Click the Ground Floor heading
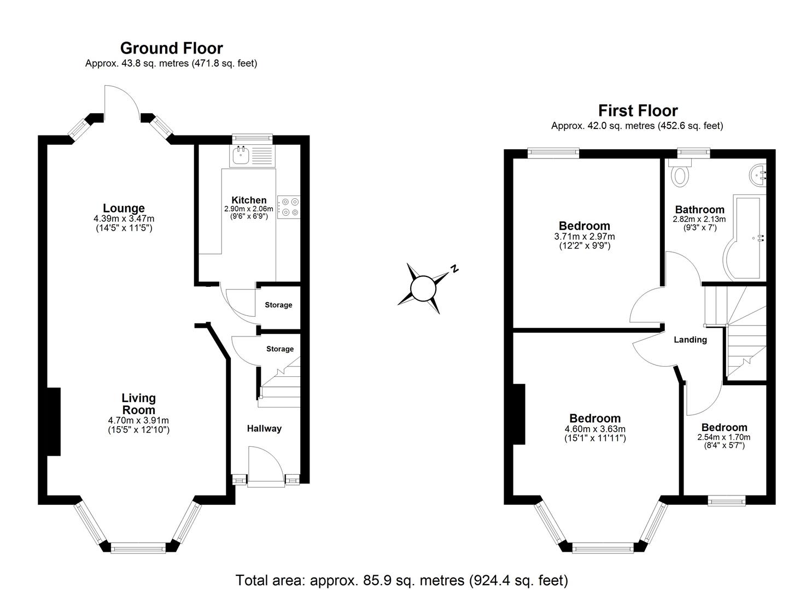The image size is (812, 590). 171,48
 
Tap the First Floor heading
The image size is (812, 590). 638,111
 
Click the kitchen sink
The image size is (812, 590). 241,156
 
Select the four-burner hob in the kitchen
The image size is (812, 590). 288,206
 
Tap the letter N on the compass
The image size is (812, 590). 454,268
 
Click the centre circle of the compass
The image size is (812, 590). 422,288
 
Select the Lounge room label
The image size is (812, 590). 124,208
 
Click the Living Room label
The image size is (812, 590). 138,404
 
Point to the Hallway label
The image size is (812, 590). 264,429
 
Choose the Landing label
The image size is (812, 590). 690,340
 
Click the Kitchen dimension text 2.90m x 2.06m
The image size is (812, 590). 248,209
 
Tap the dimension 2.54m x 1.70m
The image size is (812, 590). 723,437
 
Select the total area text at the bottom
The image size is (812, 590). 401,580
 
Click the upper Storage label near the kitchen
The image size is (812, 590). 278,305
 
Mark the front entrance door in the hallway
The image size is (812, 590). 265,467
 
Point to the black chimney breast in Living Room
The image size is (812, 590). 53,421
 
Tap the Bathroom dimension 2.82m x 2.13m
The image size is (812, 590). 699,219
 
